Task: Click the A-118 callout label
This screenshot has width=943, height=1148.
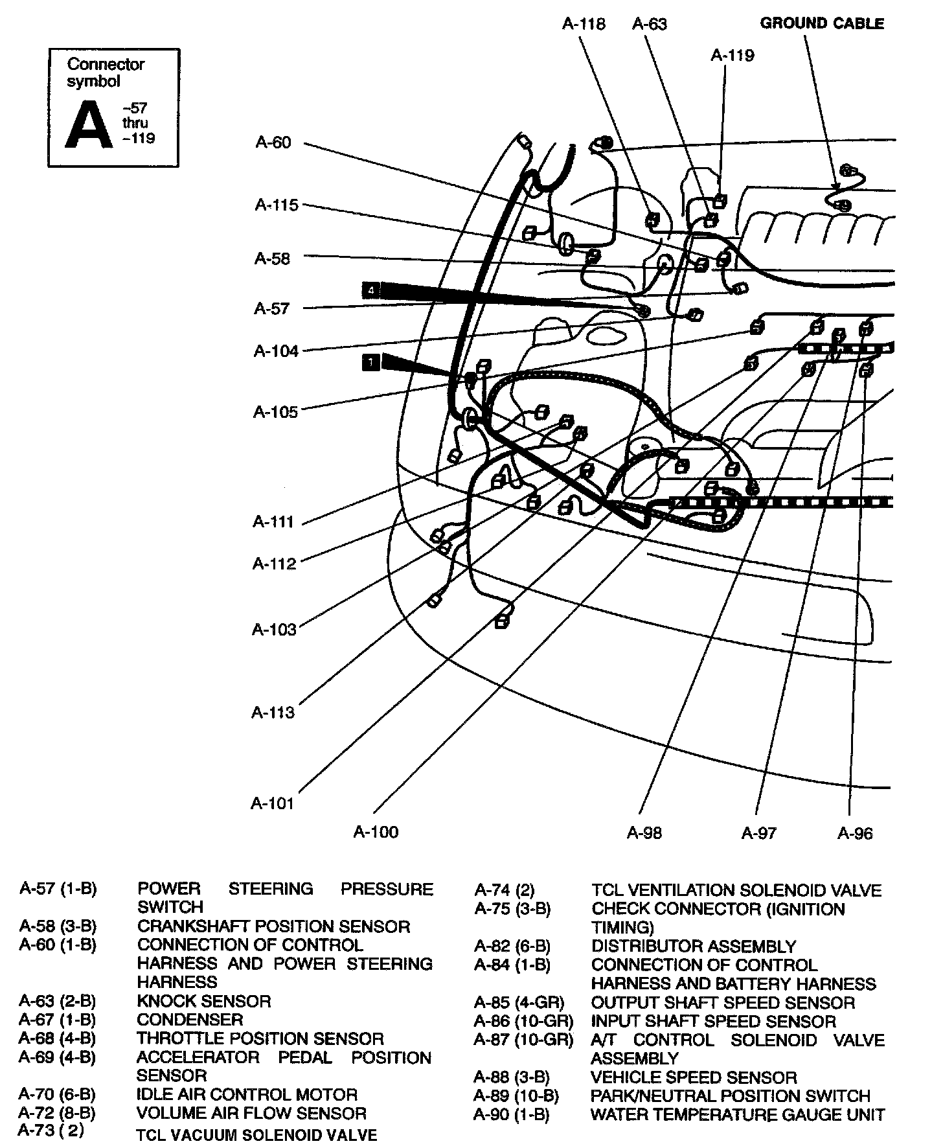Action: [584, 24]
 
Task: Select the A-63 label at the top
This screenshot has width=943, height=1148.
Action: [649, 24]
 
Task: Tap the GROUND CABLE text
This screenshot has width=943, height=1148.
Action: [822, 24]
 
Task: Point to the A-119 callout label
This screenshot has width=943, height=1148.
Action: [733, 56]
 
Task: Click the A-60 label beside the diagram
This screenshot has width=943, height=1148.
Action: [273, 143]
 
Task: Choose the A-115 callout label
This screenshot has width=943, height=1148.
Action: [277, 205]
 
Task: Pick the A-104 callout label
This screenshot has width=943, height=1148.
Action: [276, 351]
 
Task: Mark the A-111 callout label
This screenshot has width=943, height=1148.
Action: [273, 522]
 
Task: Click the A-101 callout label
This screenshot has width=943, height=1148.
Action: [273, 803]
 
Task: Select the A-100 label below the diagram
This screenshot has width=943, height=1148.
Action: [376, 832]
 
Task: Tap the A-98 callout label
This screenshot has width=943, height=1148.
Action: [644, 833]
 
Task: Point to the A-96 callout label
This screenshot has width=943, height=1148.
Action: [855, 833]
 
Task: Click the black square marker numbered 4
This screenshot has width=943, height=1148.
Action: [371, 290]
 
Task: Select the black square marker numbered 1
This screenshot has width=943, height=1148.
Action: [370, 363]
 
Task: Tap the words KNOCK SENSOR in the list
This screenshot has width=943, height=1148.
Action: [204, 1002]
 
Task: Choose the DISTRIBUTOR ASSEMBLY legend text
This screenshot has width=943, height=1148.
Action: [694, 947]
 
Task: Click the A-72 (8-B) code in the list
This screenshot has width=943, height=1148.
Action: [57, 1113]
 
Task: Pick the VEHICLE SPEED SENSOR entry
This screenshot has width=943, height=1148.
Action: [694, 1077]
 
